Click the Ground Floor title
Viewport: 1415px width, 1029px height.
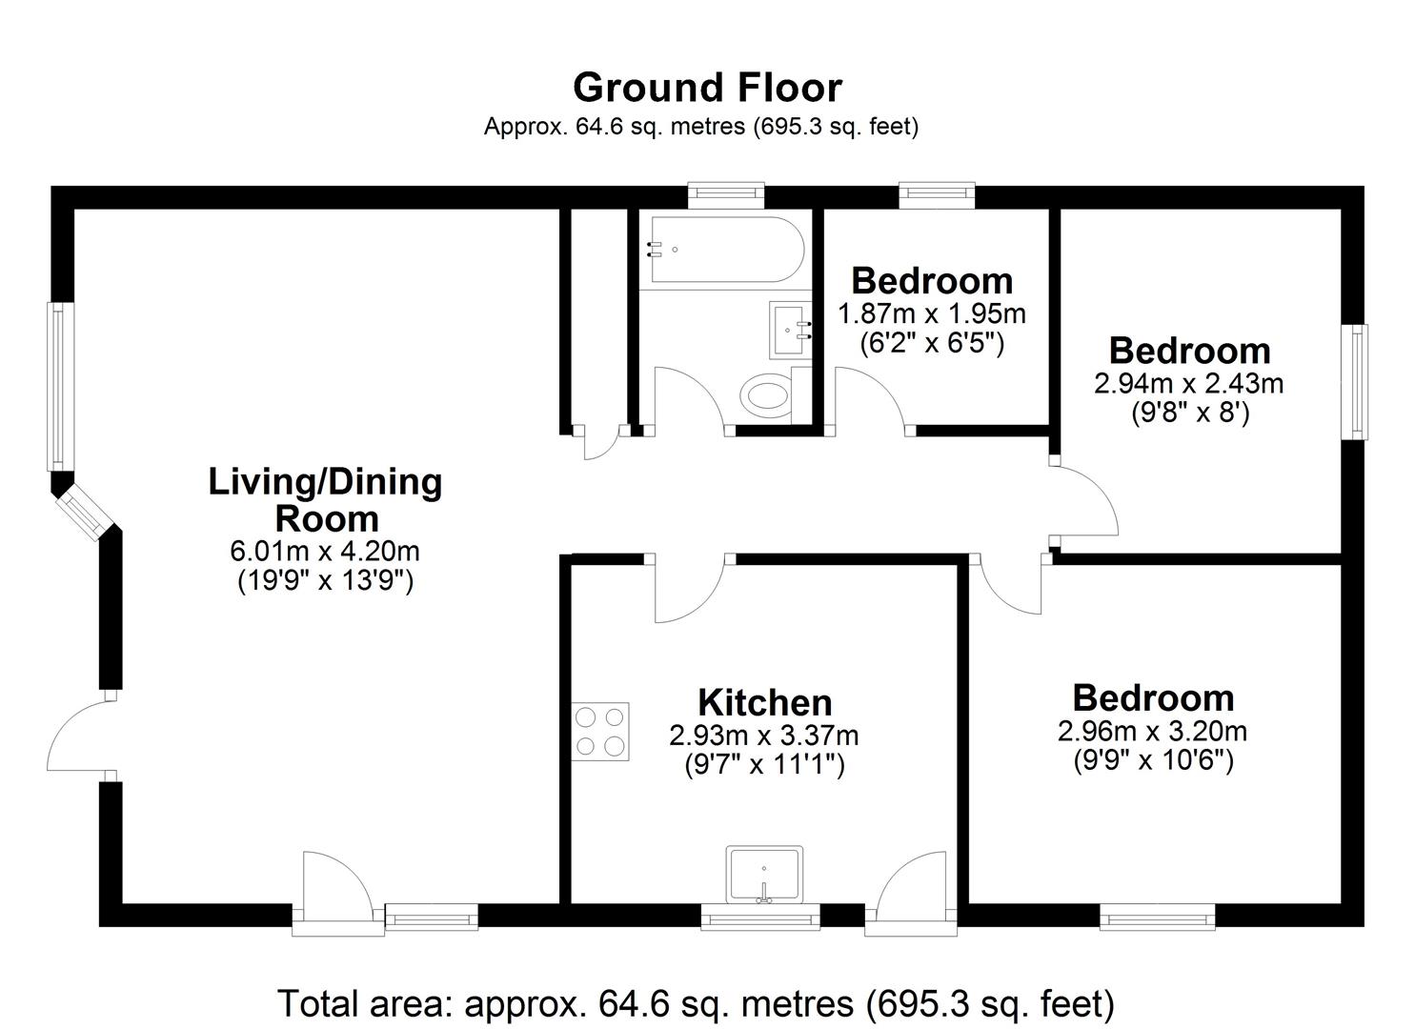(707, 88)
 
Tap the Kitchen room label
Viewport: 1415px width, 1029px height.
(765, 702)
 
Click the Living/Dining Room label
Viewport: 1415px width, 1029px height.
(325, 499)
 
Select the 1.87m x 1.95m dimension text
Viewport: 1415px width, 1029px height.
(931, 313)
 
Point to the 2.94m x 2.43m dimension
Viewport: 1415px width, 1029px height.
(1188, 383)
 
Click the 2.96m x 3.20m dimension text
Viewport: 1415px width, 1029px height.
(1152, 731)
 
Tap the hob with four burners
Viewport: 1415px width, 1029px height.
(601, 731)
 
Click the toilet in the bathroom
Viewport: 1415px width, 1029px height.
(768, 393)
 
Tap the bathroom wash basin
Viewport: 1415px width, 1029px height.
(790, 329)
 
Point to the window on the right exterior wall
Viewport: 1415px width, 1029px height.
(1355, 381)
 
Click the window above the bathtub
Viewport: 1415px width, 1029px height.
(727, 195)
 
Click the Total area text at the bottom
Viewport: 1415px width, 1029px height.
(696, 1003)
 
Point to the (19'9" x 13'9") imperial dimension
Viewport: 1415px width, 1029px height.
(325, 580)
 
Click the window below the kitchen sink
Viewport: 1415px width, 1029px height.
(760, 919)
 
